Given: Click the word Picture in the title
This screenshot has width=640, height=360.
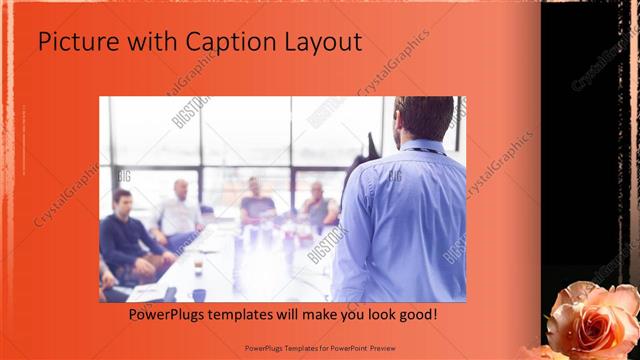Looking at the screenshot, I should click(x=72, y=43).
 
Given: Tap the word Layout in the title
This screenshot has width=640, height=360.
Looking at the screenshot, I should click(x=322, y=43).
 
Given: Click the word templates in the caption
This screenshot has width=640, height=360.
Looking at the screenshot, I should click(x=253, y=315).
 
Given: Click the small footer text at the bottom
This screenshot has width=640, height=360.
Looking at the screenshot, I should click(x=320, y=349).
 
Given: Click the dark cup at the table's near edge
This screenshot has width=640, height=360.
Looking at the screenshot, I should click(x=198, y=295).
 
